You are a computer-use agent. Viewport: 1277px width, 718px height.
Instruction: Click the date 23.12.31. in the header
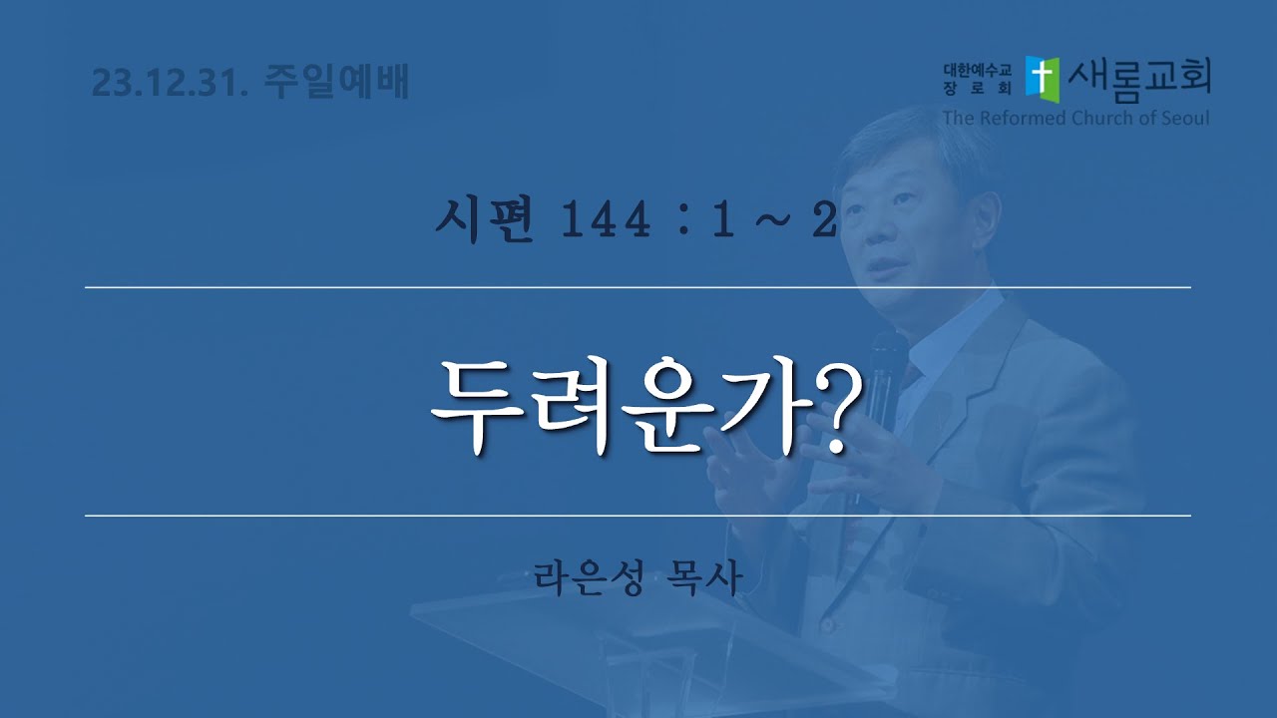[x=170, y=83]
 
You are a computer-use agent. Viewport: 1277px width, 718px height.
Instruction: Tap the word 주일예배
[x=336, y=82]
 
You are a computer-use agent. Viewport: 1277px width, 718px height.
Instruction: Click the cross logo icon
[x=1043, y=79]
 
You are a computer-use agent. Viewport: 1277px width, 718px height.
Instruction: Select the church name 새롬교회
[x=1139, y=80]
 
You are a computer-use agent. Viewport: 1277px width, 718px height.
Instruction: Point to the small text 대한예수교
[x=977, y=70]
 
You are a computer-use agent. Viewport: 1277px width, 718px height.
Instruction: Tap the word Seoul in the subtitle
[x=1183, y=118]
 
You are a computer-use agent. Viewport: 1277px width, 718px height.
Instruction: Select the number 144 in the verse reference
[x=606, y=220]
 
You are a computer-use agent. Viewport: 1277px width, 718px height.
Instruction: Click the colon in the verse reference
[x=684, y=221]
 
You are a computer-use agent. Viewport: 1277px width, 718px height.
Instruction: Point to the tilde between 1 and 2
[x=773, y=220]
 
